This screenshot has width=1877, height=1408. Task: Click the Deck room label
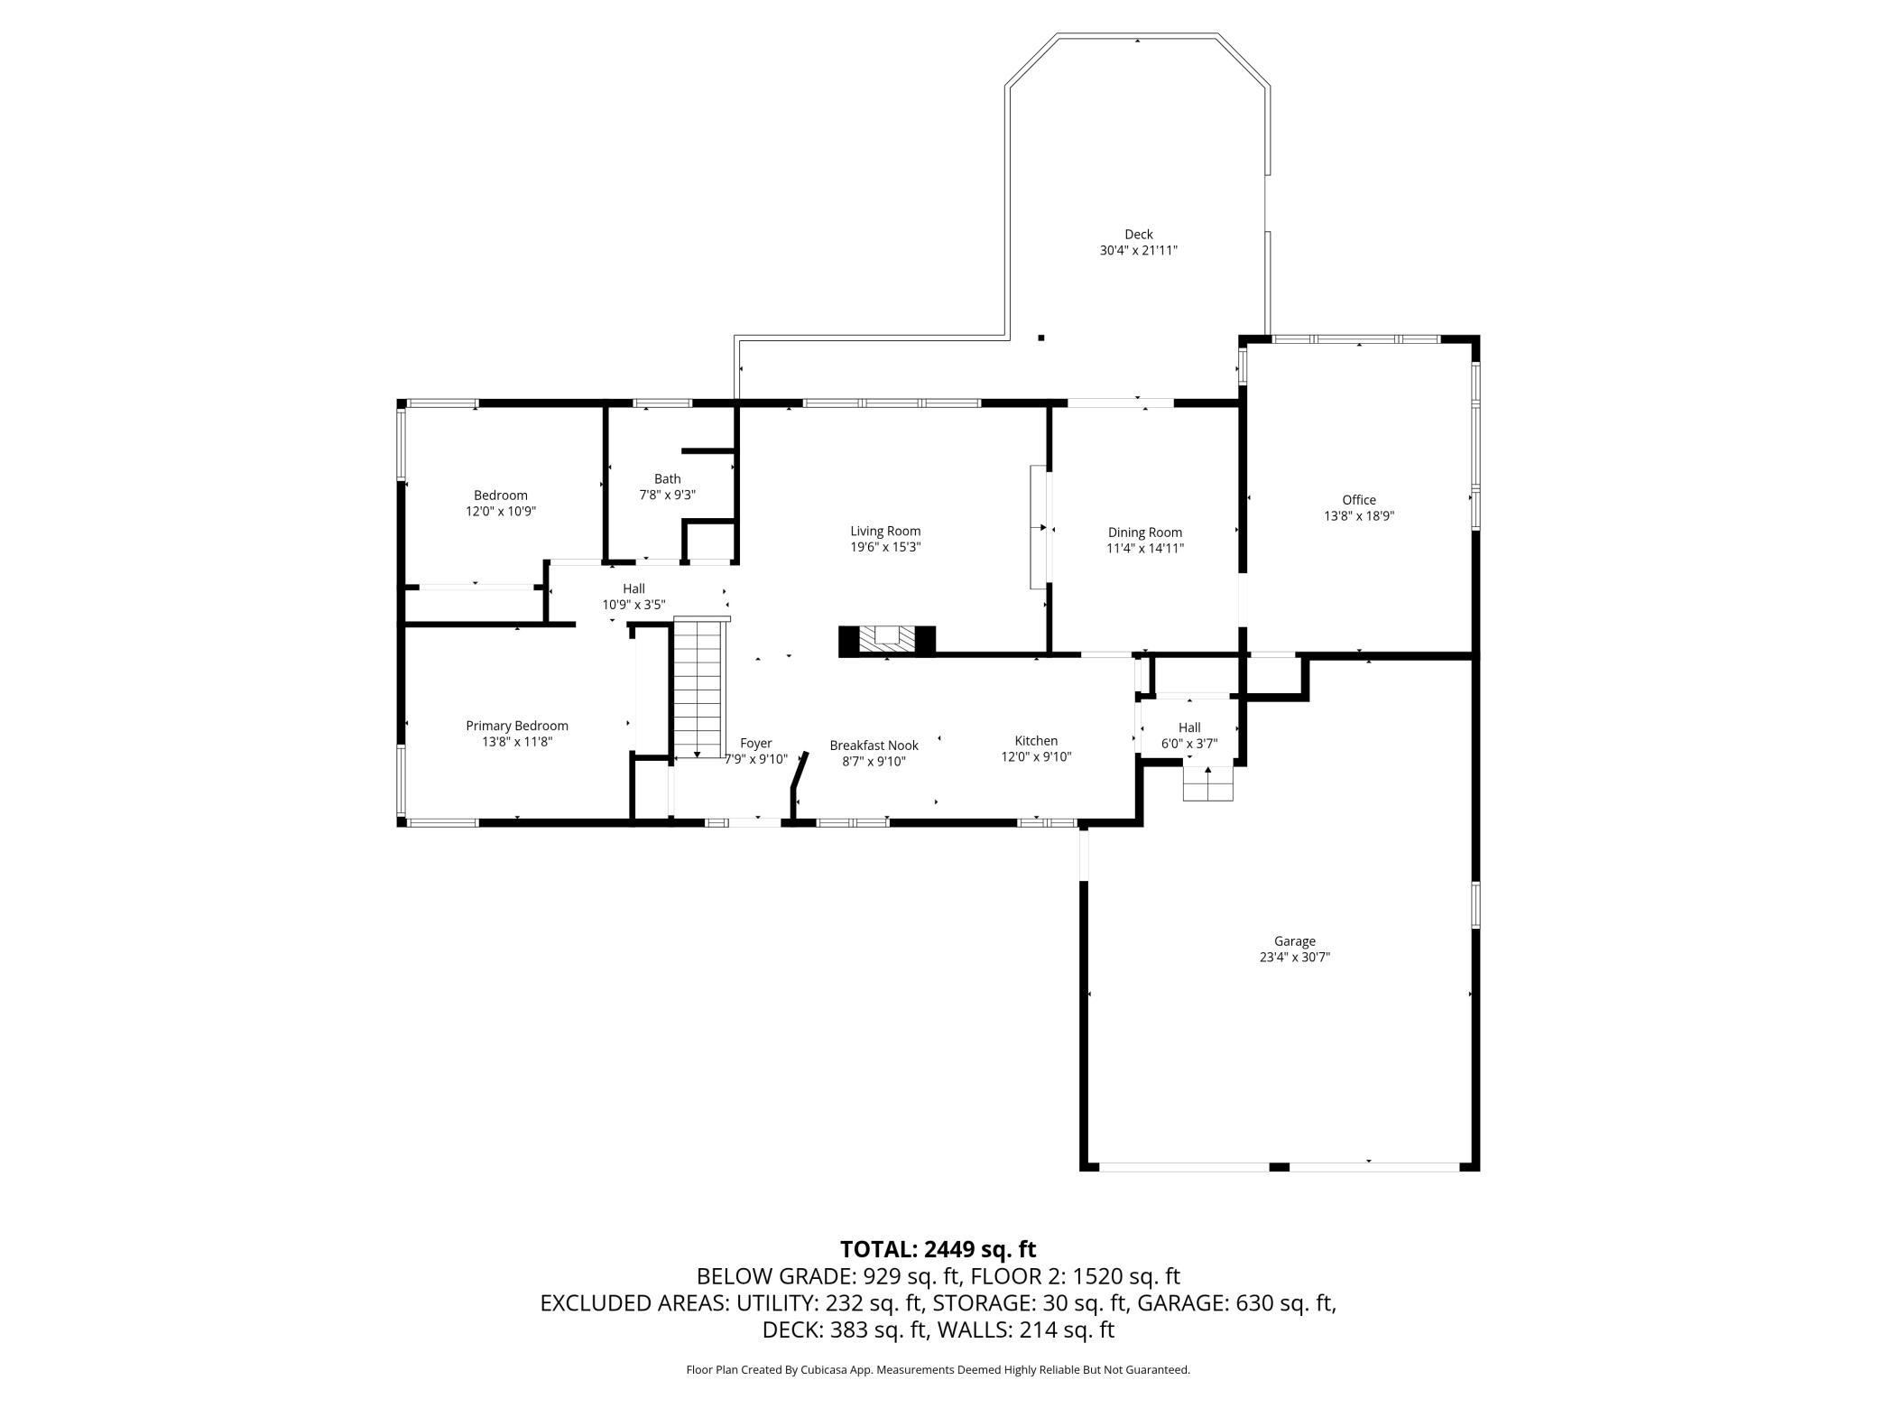pos(1138,235)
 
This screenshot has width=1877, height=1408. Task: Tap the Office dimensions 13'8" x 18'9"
pos(1359,516)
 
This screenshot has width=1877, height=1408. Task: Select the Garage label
pos(1295,941)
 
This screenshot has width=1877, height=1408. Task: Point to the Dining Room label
pos(1145,533)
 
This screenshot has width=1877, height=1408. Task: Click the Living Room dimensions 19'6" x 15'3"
pos(885,547)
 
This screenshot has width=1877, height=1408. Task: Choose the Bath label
pos(668,479)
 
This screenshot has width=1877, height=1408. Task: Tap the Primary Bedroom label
pos(517,726)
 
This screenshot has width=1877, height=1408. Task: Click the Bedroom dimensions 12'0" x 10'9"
pos(501,511)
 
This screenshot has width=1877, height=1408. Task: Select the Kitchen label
pos(1036,741)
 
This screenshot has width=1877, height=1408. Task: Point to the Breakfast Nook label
pos(874,746)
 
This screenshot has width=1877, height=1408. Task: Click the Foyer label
pos(756,744)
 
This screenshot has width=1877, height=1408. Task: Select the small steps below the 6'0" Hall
pos(1208,783)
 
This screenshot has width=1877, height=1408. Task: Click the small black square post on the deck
pos(1040,338)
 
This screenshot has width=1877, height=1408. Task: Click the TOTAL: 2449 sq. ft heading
pos(938,1249)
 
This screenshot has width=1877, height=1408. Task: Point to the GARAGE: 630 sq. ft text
pos(1236,1302)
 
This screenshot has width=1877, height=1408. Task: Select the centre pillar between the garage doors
pos(1279,1167)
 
